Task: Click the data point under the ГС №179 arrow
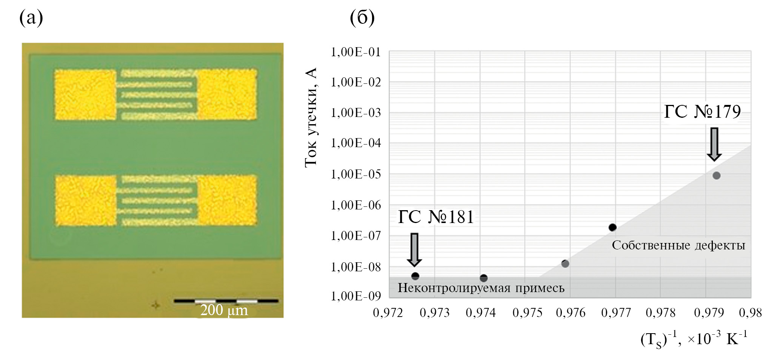(x=716, y=175)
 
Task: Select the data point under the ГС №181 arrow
(x=415, y=276)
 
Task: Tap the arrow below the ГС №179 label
(x=714, y=144)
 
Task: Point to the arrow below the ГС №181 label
(x=414, y=250)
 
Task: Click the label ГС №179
(x=702, y=112)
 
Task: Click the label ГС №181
(x=436, y=217)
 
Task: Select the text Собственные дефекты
(x=678, y=245)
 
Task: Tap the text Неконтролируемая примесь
(x=481, y=288)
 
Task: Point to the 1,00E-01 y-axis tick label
(x=355, y=52)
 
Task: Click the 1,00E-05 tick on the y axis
(x=355, y=174)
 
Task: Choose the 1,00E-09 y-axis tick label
(x=355, y=296)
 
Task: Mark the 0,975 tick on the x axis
(x=527, y=313)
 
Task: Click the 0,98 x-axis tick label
(x=750, y=313)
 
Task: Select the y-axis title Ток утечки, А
(x=311, y=117)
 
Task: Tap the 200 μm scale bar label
(x=224, y=310)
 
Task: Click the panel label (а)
(x=31, y=18)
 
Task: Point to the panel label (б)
(x=362, y=18)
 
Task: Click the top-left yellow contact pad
(x=85, y=95)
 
